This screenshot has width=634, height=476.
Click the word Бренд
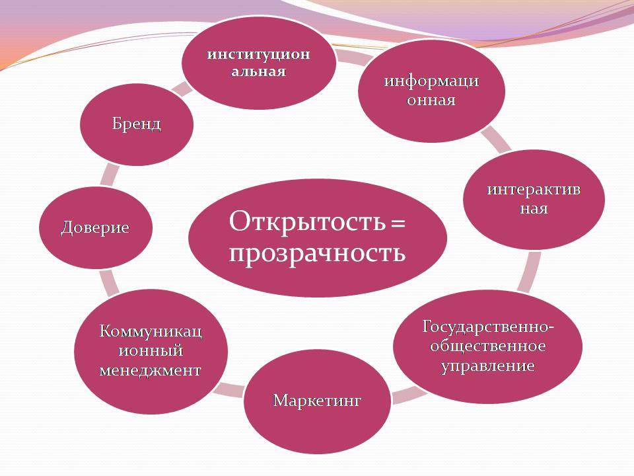coord(136,124)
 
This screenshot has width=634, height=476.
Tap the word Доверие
coord(95,227)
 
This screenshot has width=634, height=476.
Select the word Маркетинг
coord(317,401)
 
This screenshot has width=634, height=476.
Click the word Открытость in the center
coord(307,221)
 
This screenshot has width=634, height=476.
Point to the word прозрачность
coord(317,254)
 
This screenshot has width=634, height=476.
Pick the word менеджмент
coord(151,370)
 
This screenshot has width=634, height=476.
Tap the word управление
coord(487,366)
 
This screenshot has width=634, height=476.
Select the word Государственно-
coord(487,327)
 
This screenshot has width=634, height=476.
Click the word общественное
coord(487,346)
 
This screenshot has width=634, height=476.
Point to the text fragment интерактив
coord(534,190)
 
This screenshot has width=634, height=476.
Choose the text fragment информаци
coord(431,81)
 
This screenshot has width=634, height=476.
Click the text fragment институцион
coord(259,54)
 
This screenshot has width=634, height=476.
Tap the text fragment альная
coord(259,72)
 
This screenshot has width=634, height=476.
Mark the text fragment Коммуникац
coord(151,331)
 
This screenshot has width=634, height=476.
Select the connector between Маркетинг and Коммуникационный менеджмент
coord(229,390)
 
